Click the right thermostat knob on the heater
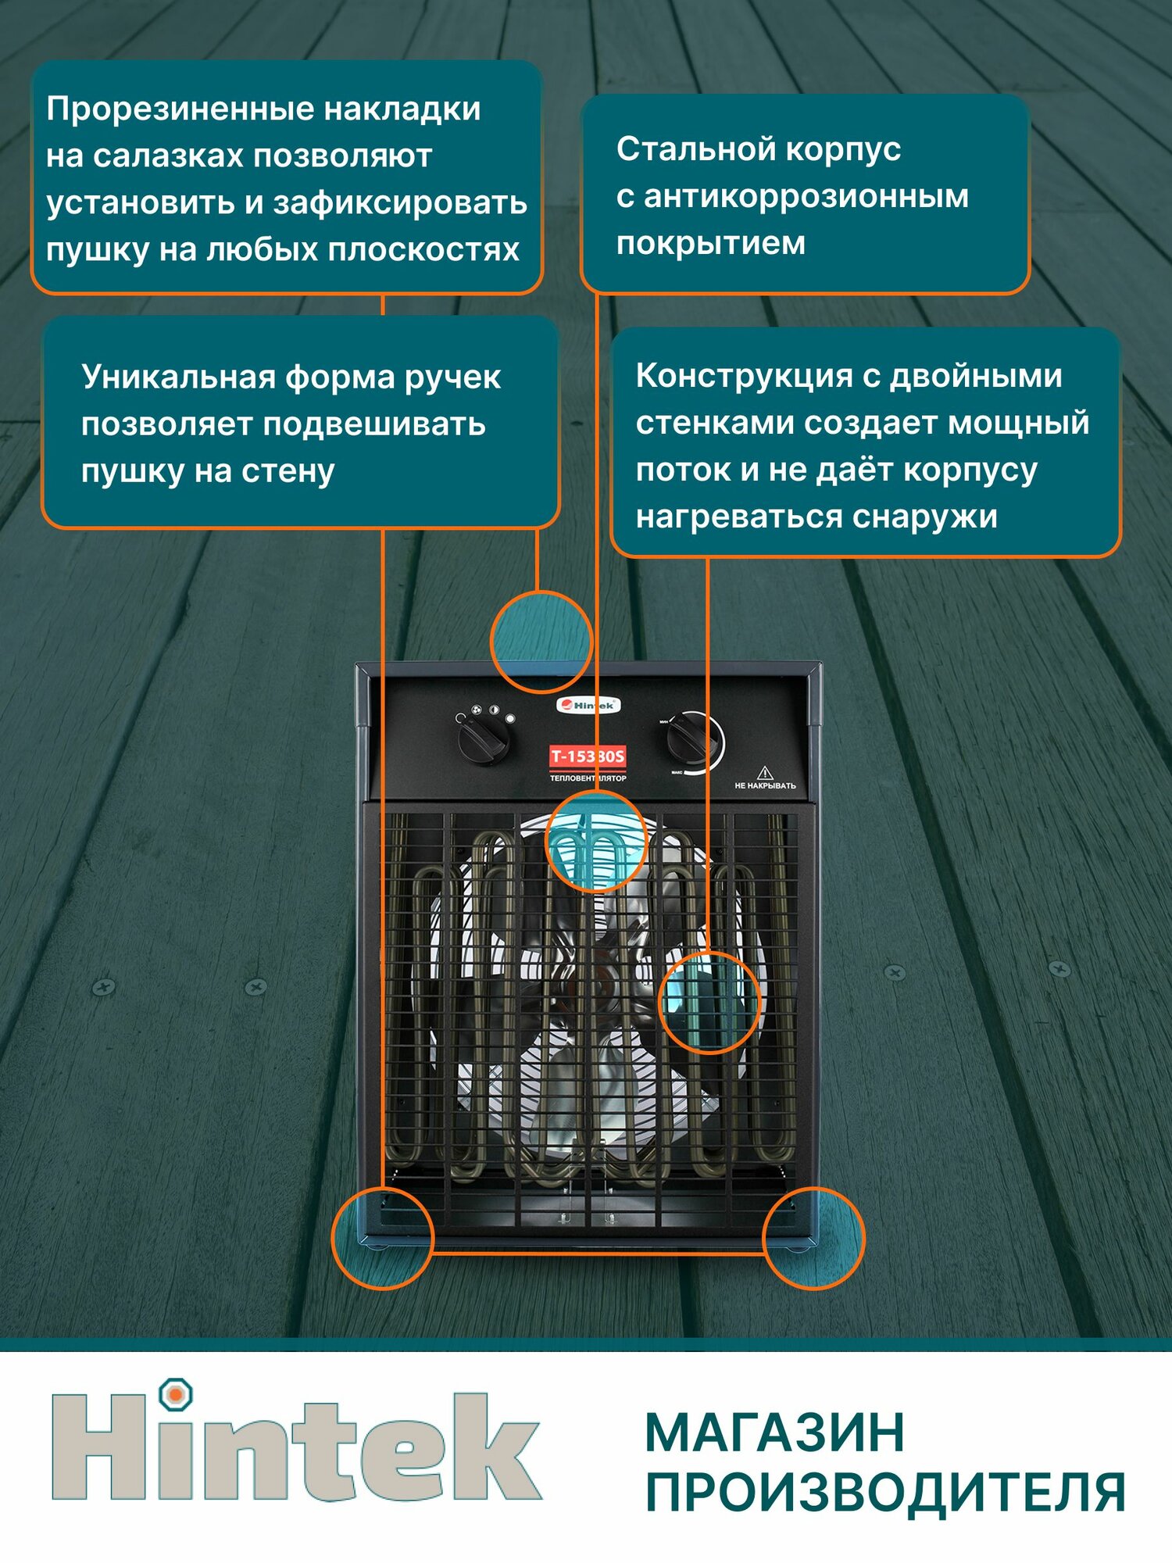[x=691, y=739]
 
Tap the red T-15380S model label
[x=588, y=756]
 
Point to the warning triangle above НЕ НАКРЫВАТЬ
[x=764, y=772]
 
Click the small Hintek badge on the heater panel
[x=588, y=705]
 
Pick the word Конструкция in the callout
[x=743, y=375]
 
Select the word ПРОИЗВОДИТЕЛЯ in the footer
[x=885, y=1493]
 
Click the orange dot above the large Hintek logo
[x=176, y=1393]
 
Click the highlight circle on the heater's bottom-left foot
[x=382, y=1237]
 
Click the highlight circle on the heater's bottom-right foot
[x=813, y=1237]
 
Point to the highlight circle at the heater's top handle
[x=541, y=642]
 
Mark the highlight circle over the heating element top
[x=596, y=841]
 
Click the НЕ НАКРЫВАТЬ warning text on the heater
[x=765, y=785]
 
